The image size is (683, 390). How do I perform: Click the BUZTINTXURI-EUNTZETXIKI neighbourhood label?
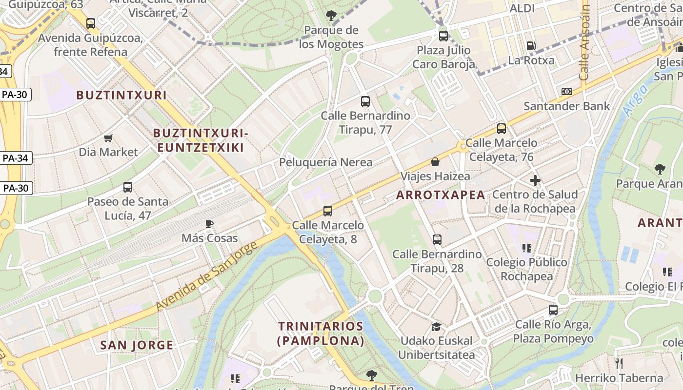(x=201, y=140)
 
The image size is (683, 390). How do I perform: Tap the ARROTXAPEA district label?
(x=441, y=195)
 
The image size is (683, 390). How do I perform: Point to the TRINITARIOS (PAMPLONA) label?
(x=321, y=333)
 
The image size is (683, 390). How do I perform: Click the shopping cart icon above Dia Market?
(x=108, y=138)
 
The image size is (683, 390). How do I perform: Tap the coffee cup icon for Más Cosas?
(x=209, y=224)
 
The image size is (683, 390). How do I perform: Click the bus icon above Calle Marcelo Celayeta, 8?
(x=328, y=211)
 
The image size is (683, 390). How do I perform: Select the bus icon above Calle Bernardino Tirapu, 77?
(x=365, y=101)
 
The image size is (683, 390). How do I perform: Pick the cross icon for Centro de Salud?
(x=535, y=180)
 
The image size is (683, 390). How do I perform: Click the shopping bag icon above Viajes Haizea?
(x=435, y=162)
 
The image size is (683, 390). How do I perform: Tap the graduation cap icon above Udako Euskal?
(x=436, y=327)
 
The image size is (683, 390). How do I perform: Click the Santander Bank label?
(x=566, y=106)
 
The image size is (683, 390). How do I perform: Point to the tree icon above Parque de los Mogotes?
(x=331, y=16)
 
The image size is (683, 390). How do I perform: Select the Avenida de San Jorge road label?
(x=207, y=276)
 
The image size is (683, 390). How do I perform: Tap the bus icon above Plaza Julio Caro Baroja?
(x=443, y=36)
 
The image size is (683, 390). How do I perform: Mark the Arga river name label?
(x=635, y=100)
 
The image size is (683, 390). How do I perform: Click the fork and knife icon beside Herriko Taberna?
(x=619, y=363)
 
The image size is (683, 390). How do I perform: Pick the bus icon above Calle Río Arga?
(x=553, y=310)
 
